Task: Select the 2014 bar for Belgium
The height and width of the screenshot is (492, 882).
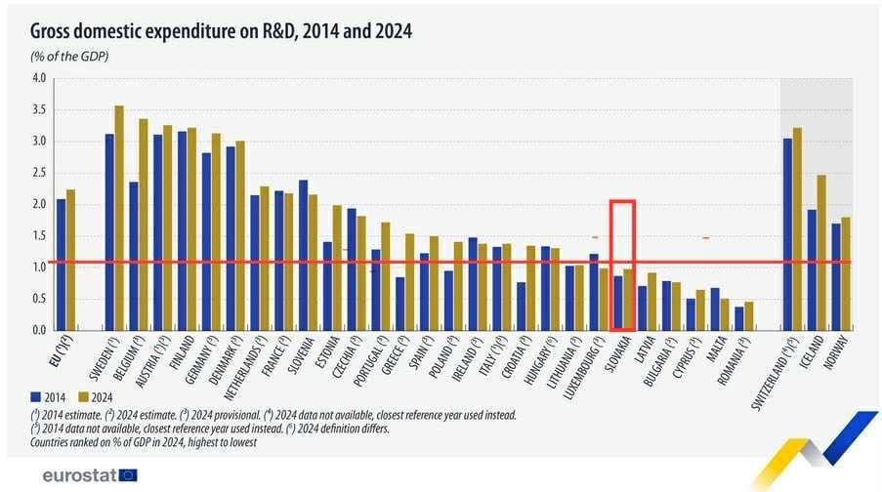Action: pyautogui.click(x=133, y=256)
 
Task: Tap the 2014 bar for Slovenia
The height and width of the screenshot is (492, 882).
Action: pyautogui.click(x=303, y=255)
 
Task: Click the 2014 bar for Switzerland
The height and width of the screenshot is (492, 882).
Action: pyautogui.click(x=787, y=234)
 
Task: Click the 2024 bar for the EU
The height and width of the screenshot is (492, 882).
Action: pyautogui.click(x=71, y=260)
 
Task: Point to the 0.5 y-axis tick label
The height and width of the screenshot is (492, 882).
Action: pyautogui.click(x=39, y=299)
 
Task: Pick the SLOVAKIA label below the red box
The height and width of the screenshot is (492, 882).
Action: pyautogui.click(x=622, y=358)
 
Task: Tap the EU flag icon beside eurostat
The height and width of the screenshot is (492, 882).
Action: pyautogui.click(x=128, y=475)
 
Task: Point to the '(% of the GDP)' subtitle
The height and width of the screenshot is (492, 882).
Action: pyautogui.click(x=69, y=57)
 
